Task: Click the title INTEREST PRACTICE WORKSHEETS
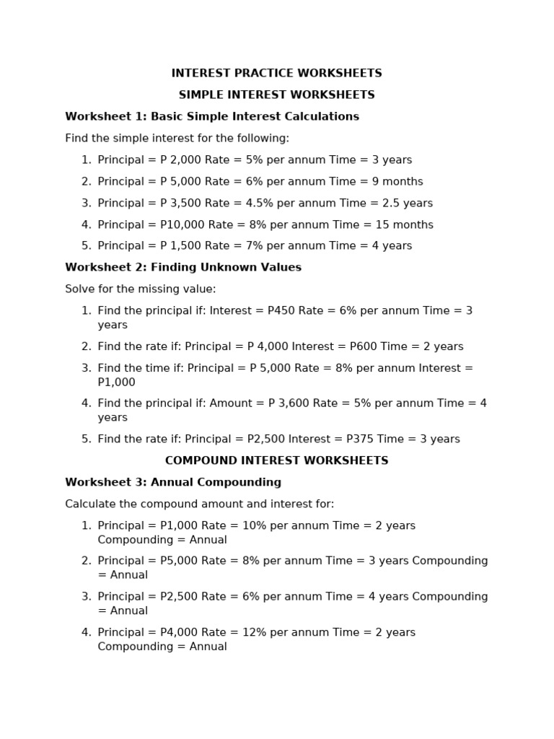pos(276,74)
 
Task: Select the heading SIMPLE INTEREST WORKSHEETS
pos(276,95)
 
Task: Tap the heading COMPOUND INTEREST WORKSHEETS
pos(276,460)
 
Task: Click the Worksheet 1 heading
pos(212,117)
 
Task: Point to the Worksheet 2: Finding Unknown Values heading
pos(183,268)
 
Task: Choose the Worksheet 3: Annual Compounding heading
pos(173,482)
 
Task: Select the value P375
pos(353,440)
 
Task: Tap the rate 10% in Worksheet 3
pos(242,525)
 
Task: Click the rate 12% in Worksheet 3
pos(242,633)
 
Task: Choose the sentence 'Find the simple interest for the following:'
pos(177,139)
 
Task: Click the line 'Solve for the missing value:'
pos(141,289)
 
